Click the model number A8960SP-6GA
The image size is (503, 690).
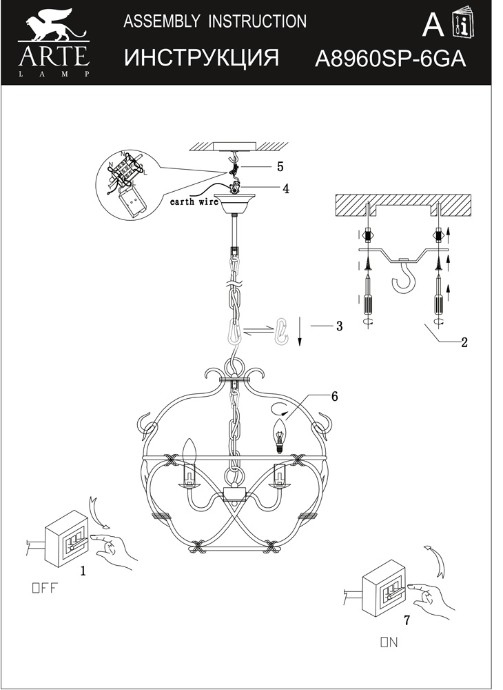(390, 59)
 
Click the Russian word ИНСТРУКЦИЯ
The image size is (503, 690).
(202, 59)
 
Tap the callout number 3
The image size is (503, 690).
(339, 326)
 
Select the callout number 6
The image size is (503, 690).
(334, 396)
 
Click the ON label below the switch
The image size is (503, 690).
(389, 642)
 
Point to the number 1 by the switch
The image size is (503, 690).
(83, 571)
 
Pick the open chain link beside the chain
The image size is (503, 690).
(282, 331)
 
